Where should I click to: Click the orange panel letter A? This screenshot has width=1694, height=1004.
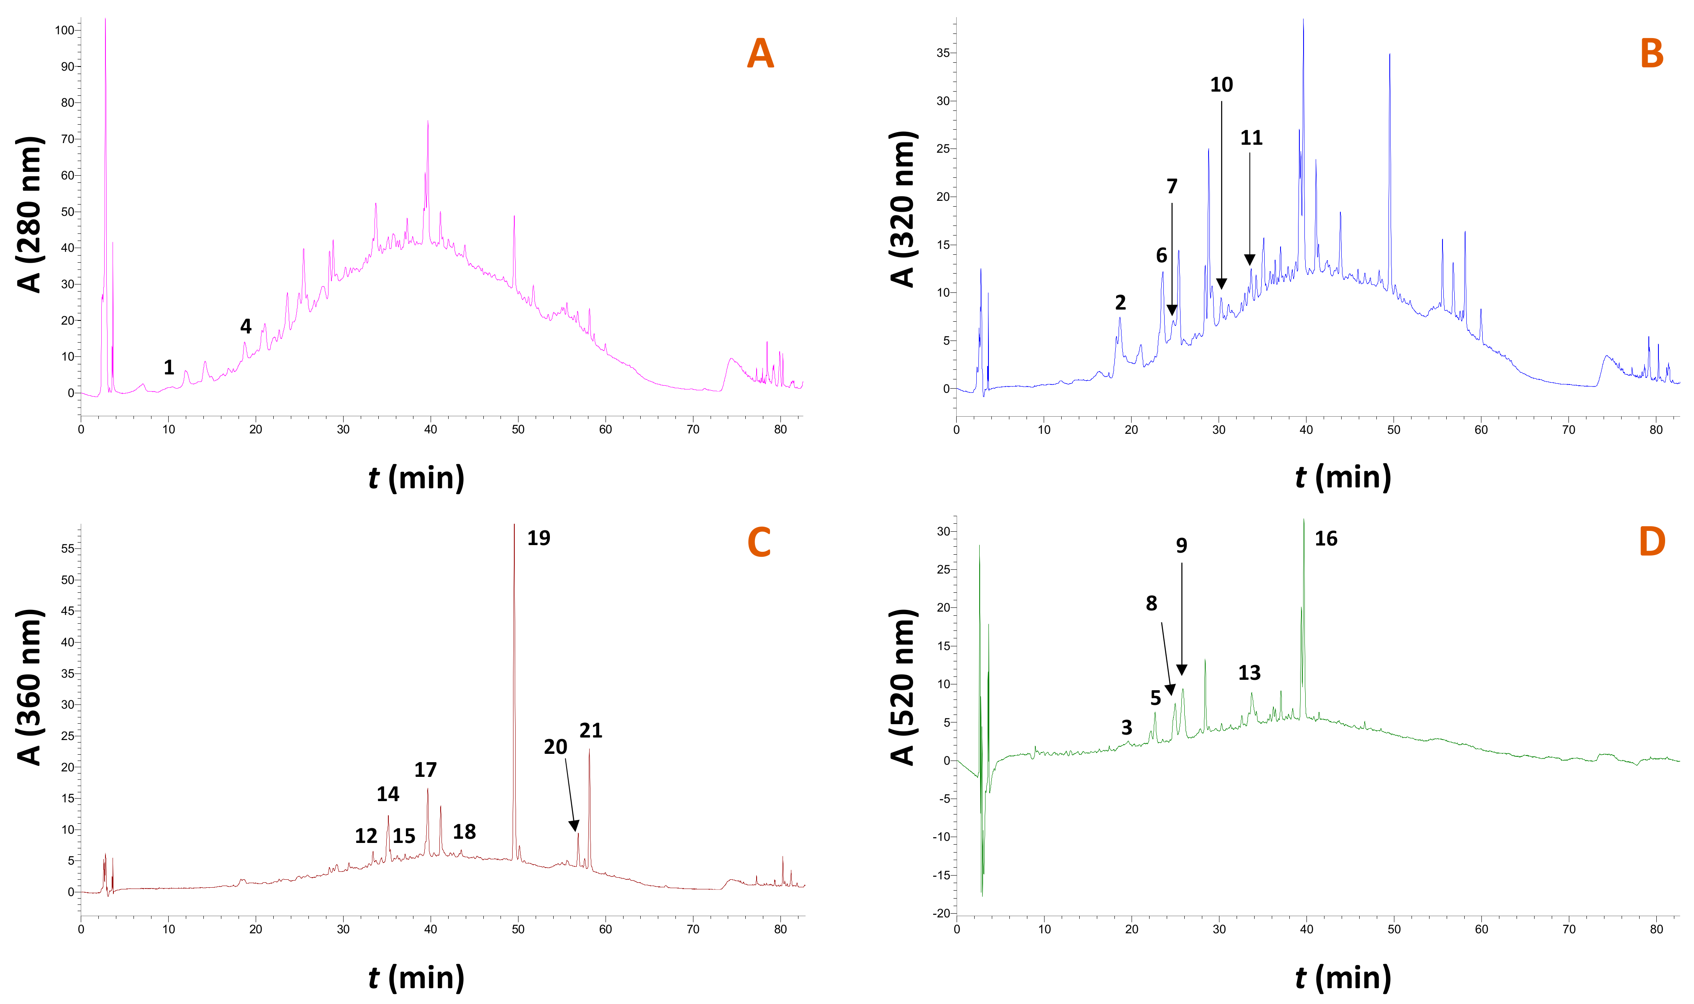coord(760,54)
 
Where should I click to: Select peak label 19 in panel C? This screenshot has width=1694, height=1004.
coord(539,538)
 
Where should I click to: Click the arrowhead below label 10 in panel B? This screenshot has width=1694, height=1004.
coord(1221,284)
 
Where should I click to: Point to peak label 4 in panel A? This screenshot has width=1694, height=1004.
coord(246,326)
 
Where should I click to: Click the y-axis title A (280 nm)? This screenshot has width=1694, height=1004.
coord(30,215)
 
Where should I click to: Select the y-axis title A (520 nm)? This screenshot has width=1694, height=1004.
coord(903,687)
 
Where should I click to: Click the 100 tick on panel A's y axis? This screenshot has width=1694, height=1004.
coord(64,31)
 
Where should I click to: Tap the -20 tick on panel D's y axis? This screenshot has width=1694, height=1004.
coord(942,913)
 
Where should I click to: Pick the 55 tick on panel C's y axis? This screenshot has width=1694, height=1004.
coord(67,549)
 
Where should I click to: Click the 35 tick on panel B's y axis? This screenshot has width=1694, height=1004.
coord(943,53)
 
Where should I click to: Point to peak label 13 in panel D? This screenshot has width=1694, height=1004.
coord(1249,673)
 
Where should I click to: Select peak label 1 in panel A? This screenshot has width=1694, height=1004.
coord(169,367)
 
